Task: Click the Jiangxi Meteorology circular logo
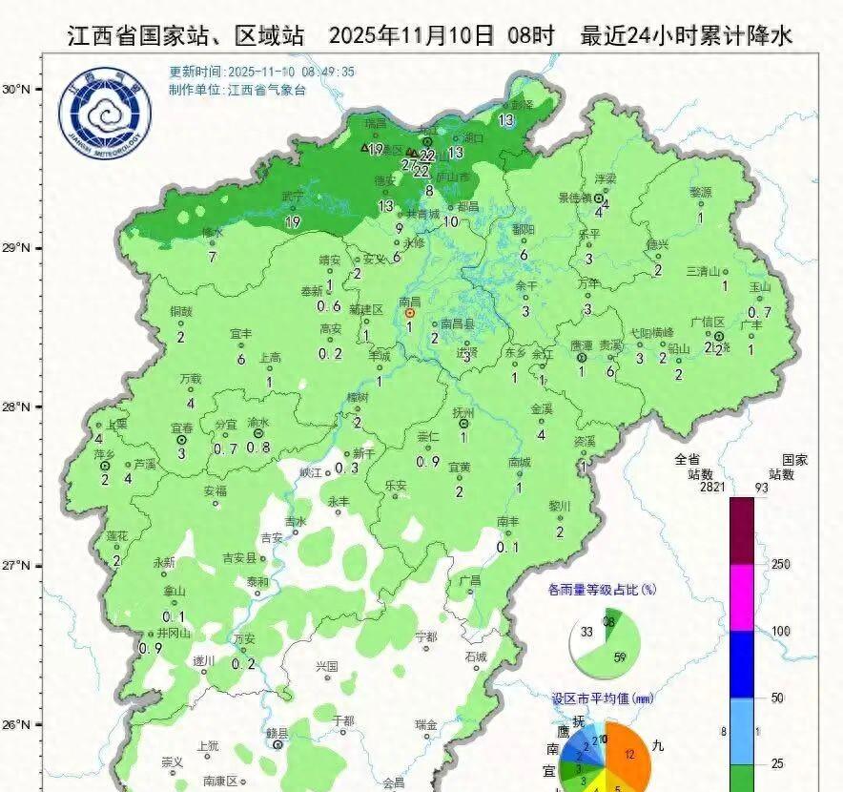105,114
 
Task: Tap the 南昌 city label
410,301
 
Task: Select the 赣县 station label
277,733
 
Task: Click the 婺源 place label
700,192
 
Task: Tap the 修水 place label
212,233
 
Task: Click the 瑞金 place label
426,724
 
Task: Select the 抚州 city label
464,412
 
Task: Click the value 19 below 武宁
293,221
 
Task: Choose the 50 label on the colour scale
777,698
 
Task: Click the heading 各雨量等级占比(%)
603,590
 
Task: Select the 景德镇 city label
575,198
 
